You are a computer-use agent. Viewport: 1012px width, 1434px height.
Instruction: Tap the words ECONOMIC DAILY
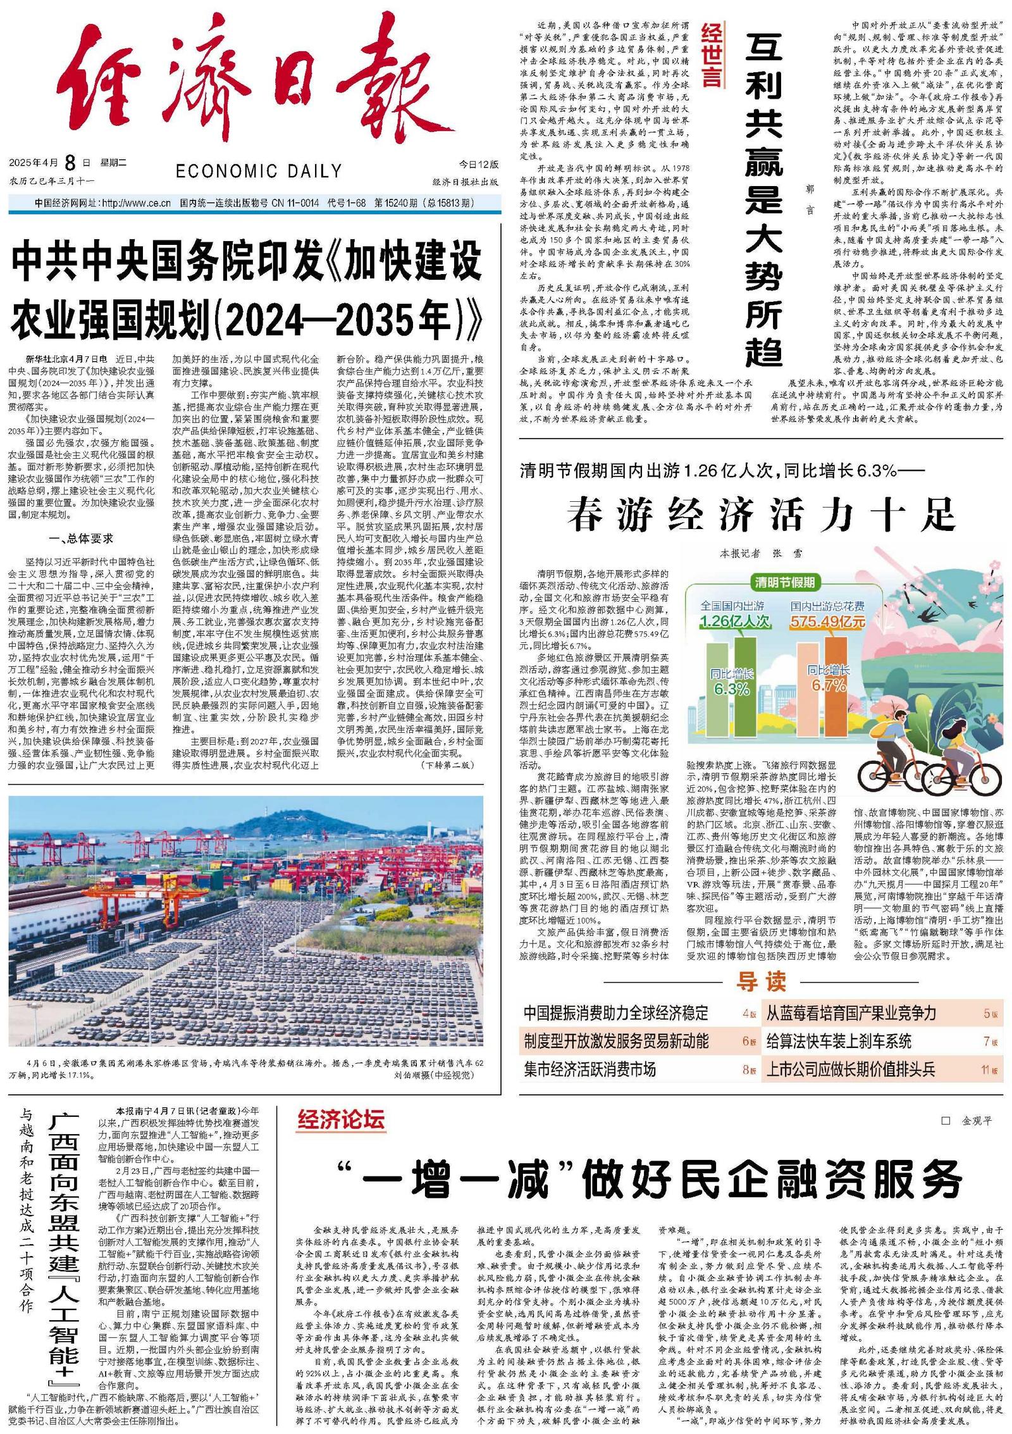(x=259, y=171)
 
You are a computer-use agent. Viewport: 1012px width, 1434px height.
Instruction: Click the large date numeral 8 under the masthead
(x=70, y=163)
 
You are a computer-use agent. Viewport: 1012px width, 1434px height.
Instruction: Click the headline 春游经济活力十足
(x=761, y=514)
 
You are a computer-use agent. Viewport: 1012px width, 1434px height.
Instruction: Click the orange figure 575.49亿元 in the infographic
(x=827, y=621)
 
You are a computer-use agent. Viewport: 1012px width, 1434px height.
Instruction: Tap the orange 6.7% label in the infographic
(x=829, y=685)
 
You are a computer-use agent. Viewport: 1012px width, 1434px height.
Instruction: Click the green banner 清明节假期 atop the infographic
(x=784, y=582)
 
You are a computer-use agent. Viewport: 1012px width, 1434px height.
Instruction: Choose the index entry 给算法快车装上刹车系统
(x=839, y=1041)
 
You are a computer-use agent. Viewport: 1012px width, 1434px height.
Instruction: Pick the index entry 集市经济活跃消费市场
(x=589, y=1069)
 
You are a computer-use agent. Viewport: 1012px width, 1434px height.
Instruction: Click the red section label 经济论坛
(x=341, y=1119)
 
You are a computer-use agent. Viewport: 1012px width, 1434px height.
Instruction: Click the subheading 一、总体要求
(x=81, y=539)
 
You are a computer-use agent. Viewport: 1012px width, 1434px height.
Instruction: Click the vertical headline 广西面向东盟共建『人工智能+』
(x=65, y=1241)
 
